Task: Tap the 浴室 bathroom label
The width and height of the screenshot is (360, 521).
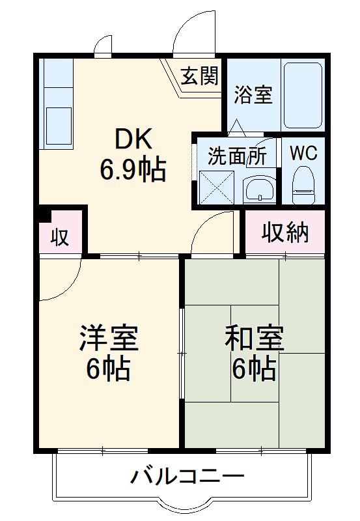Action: (x=253, y=96)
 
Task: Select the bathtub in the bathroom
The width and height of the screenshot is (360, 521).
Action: (x=303, y=96)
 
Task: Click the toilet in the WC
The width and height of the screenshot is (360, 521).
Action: (x=303, y=184)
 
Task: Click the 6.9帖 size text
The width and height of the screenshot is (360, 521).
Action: (x=133, y=170)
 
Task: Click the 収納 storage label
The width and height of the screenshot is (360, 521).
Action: (x=285, y=232)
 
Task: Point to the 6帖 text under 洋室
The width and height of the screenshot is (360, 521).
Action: (x=108, y=369)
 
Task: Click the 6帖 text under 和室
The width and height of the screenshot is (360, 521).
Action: (x=254, y=369)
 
